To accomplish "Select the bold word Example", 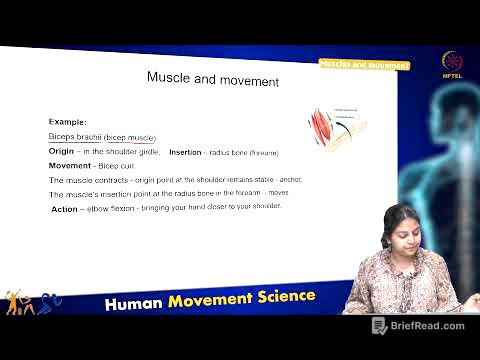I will (x=66, y=120).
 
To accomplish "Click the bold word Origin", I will (x=62, y=151).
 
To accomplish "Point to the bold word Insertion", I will (x=186, y=151).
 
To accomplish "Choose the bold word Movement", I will (x=70, y=165).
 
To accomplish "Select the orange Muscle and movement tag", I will (x=364, y=65).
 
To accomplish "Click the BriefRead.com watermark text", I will (x=428, y=326).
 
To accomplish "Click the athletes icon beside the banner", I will (x=32, y=304).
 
